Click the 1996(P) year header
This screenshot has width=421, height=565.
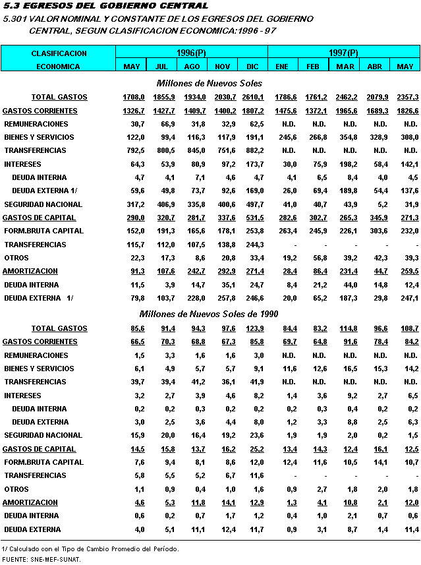coord(192,53)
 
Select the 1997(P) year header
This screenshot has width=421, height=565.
coord(343,53)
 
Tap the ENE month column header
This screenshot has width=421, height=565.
coord(283,67)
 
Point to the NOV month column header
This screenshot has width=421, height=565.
coord(222,67)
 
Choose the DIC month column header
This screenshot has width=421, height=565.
coord(252,67)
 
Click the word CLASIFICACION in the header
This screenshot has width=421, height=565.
coord(59,53)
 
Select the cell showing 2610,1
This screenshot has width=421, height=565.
coord(253,98)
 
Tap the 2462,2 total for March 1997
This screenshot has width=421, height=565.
coord(345,98)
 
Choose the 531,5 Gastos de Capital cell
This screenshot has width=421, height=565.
coord(253,218)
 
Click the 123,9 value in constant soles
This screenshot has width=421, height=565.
coord(253,328)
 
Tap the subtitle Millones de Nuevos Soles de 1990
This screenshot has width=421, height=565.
coord(209,313)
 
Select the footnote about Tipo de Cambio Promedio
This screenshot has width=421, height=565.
coord(90,549)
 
